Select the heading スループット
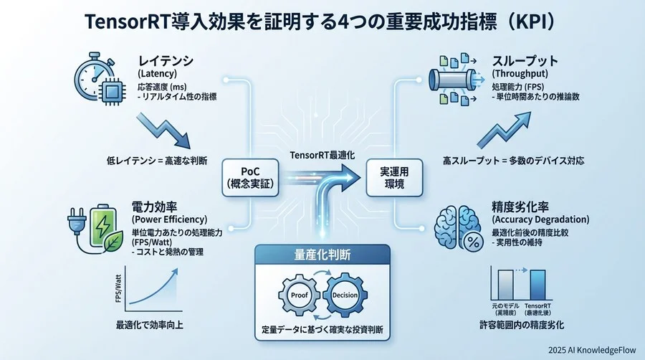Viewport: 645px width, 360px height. click(524, 60)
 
